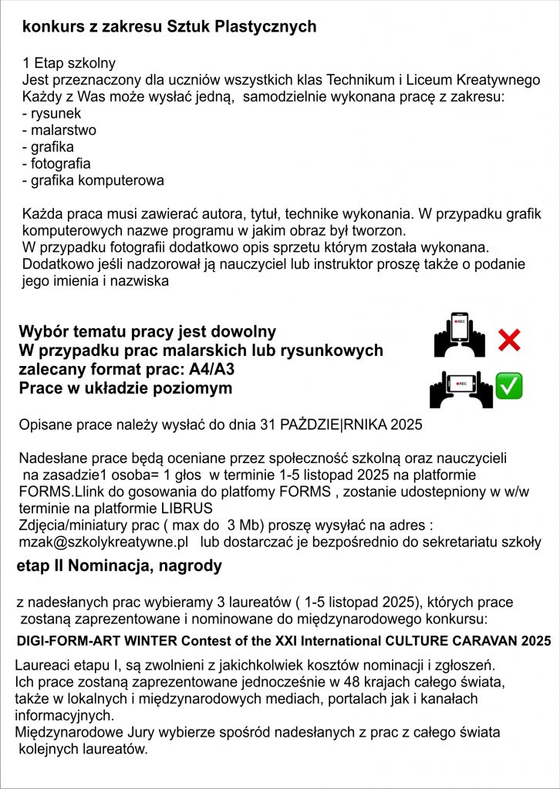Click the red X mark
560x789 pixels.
508,339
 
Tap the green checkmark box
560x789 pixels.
509,385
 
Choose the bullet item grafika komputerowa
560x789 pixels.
93,180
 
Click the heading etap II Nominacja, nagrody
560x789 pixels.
119,566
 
